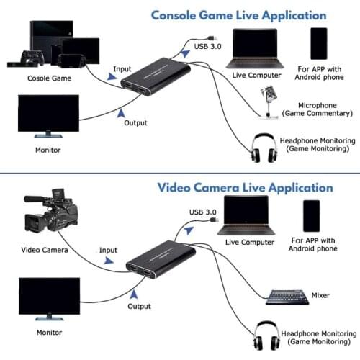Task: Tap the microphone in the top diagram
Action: tap(271, 99)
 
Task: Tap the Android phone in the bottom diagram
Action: tap(311, 216)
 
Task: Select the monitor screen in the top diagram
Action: tap(48, 115)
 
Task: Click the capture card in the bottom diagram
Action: tap(161, 261)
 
